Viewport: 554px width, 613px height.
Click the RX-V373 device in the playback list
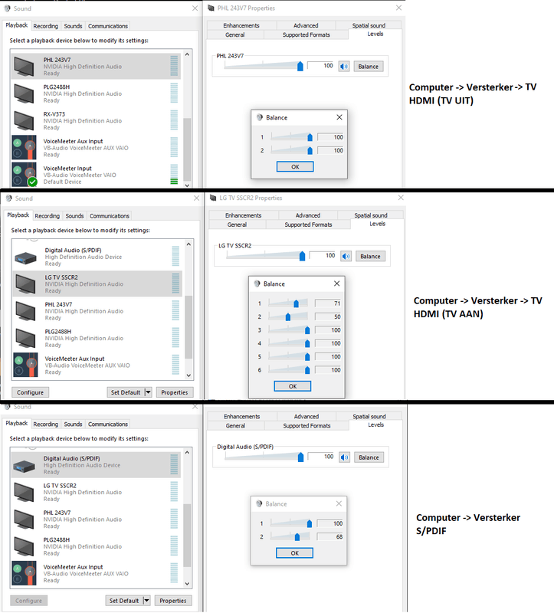click(x=96, y=120)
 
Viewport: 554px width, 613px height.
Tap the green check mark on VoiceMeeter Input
click(x=32, y=182)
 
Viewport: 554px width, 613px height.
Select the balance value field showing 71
click(x=328, y=303)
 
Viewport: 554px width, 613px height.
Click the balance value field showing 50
click(x=328, y=316)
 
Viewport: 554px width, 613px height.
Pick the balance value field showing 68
click(x=330, y=537)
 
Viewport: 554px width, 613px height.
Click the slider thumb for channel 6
click(x=307, y=370)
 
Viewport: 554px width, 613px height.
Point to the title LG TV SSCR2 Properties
click(x=251, y=198)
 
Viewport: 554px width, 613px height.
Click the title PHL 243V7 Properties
click(x=246, y=8)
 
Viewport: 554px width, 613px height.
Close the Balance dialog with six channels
click(x=336, y=284)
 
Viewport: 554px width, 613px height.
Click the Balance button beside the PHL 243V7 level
click(x=369, y=67)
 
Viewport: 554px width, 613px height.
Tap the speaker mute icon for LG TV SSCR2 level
click(x=346, y=257)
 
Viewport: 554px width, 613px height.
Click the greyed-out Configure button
click(x=28, y=601)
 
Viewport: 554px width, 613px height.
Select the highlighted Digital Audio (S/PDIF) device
click(x=96, y=465)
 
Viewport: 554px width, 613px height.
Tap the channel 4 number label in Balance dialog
click(x=259, y=343)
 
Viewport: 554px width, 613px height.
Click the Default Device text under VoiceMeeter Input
click(x=62, y=182)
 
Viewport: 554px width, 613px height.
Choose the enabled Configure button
click(x=30, y=392)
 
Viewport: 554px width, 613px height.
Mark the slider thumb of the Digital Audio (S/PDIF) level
click(x=300, y=457)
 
